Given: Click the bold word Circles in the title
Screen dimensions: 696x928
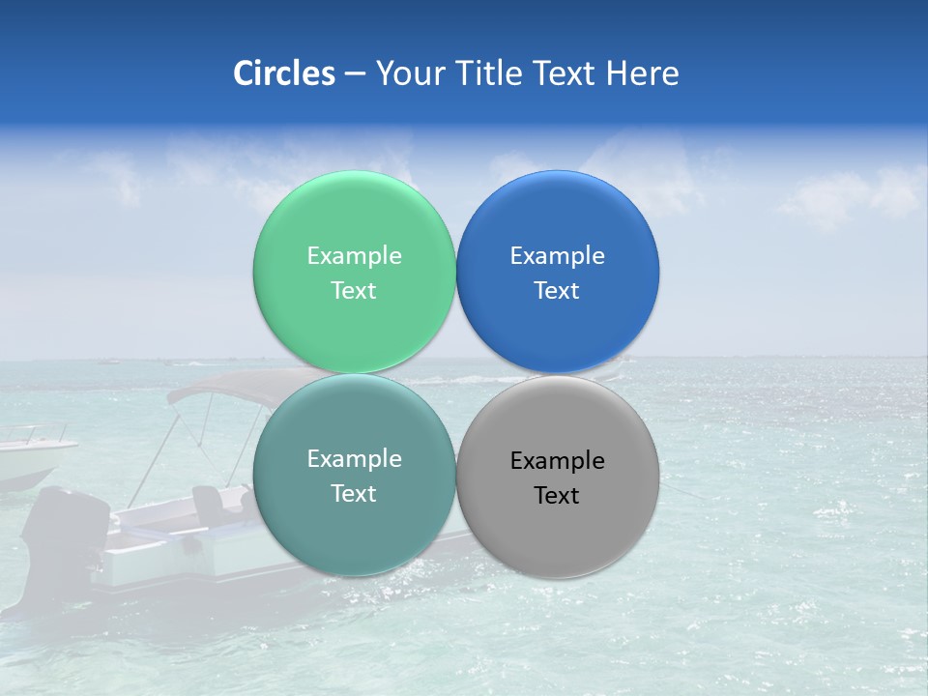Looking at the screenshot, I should click(x=283, y=73).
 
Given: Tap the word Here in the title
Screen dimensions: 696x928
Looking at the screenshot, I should click(x=643, y=73).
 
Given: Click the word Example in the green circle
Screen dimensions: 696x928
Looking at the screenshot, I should click(x=354, y=256).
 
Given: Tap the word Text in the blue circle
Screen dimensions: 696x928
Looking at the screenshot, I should click(x=557, y=291).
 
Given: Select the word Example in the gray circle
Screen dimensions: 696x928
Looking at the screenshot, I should click(x=557, y=461).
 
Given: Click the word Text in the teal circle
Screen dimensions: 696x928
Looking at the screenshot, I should click(x=354, y=494).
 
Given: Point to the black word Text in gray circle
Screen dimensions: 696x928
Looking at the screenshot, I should click(x=557, y=496).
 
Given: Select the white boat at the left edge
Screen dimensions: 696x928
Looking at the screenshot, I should click(x=29, y=459).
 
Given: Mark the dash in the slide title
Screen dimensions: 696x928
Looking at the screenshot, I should click(x=355, y=73).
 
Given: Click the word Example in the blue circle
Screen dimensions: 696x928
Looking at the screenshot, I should click(x=557, y=256).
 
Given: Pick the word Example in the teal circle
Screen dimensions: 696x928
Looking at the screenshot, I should click(x=354, y=459).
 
